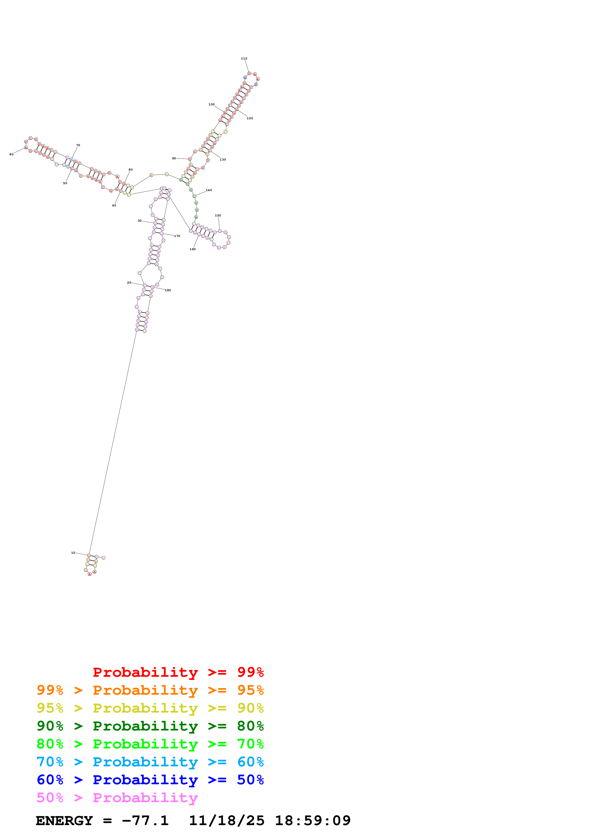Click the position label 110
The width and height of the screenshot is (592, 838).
point(244,58)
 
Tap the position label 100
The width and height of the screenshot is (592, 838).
point(212,104)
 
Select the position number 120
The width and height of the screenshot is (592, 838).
point(250,118)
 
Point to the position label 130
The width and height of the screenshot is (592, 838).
point(223,160)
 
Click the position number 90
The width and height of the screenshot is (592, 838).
point(174,158)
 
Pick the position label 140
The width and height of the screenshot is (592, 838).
point(209,190)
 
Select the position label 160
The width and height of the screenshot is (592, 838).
point(192,249)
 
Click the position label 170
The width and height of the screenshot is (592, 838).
point(177,236)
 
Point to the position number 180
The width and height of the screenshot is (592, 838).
point(168,290)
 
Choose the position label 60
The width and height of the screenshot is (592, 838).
point(11,154)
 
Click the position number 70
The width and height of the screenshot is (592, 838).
point(78,145)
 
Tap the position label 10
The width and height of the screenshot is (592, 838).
point(73,553)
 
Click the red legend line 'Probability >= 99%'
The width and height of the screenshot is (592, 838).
point(178,672)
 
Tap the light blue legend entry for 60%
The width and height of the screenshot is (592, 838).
point(150,762)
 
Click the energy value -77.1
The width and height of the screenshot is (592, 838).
point(145,821)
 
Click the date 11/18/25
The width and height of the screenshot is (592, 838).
point(227,821)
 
